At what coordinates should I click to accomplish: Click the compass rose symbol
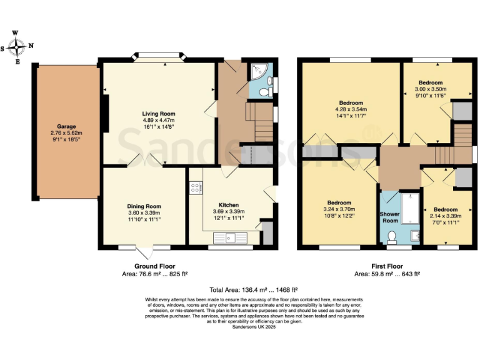pyautogui.click(x=17, y=46)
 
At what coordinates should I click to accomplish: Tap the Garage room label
pyautogui.click(x=66, y=125)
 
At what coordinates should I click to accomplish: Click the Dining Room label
pyautogui.click(x=144, y=206)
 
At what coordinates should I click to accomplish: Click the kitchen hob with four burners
pyautogui.click(x=195, y=186)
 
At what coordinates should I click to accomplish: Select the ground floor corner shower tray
pyautogui.click(x=256, y=72)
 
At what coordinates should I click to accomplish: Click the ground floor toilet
pyautogui.click(x=264, y=92)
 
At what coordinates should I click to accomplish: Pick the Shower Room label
pyautogui.click(x=390, y=217)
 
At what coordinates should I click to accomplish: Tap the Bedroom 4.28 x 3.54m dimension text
pyautogui.click(x=351, y=110)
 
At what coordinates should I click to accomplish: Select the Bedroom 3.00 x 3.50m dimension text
pyautogui.click(x=431, y=89)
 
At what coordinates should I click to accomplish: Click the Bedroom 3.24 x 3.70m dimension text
pyautogui.click(x=339, y=209)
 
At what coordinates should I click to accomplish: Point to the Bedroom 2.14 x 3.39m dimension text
pyautogui.click(x=446, y=216)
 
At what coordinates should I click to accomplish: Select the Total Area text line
pyautogui.click(x=253, y=289)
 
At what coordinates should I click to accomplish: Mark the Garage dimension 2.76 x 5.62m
pyautogui.click(x=66, y=132)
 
